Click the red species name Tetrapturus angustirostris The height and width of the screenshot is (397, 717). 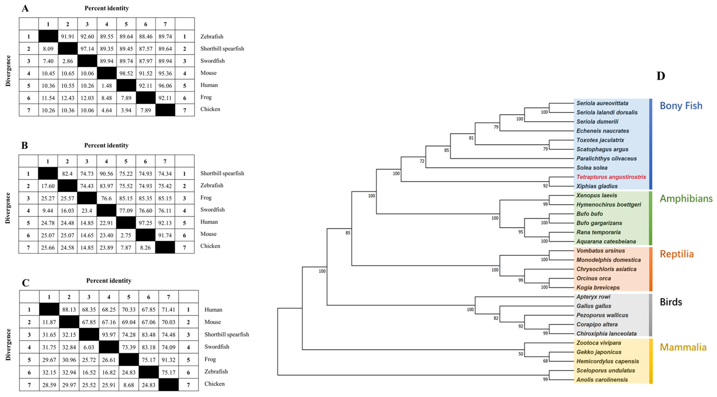click(611, 177)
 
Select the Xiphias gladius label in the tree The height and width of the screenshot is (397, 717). click(597, 186)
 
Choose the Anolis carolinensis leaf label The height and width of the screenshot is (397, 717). click(602, 380)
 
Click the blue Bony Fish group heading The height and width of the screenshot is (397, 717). click(681, 106)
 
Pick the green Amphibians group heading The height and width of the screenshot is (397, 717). click(686, 198)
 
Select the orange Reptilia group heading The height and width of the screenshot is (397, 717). click(677, 254)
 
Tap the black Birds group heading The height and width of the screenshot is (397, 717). click(671, 302)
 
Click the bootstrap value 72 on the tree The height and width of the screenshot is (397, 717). click(422, 161)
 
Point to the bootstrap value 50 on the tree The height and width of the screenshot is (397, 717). click(520, 354)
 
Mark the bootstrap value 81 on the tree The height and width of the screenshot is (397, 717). click(471, 138)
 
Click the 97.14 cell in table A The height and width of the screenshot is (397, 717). click(87, 49)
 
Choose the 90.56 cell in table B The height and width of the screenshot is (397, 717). click(106, 174)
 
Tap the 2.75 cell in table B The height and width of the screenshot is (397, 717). click(126, 235)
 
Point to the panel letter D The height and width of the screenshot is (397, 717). click(661, 76)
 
